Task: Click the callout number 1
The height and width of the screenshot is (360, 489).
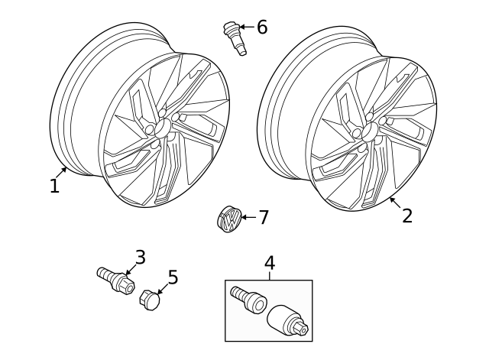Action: point(54,186)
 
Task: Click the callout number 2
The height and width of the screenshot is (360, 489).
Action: point(406,216)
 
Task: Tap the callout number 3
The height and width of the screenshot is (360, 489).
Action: point(140,257)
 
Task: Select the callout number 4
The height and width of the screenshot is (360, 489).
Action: point(269,263)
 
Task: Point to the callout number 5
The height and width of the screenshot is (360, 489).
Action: point(173,277)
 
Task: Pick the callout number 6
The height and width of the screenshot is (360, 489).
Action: point(262,28)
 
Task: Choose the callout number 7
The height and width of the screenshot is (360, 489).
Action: point(263,218)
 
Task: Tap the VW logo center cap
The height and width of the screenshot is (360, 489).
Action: point(228,219)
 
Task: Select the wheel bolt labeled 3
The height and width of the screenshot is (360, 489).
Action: point(115,281)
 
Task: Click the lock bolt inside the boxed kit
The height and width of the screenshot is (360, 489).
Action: point(249,299)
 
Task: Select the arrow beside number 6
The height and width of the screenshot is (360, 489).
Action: point(246,28)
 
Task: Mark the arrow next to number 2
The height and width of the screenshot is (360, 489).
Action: point(393,202)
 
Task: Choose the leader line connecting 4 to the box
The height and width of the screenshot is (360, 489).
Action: point(269,276)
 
